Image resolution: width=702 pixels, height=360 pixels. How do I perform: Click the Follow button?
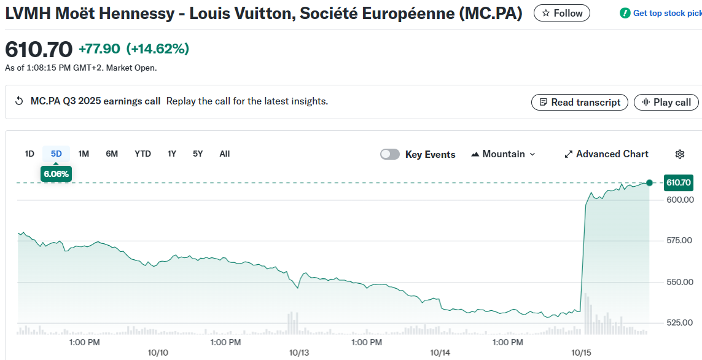[561, 13]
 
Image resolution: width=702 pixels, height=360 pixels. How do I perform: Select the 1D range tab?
[29, 154]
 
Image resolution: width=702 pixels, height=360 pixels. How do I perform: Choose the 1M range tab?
[84, 154]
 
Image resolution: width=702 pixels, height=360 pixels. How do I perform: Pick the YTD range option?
[142, 154]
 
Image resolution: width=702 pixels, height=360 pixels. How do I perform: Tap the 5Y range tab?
[198, 154]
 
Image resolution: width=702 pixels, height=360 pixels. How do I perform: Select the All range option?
[225, 154]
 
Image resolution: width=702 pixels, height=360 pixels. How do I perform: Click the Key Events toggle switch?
[390, 154]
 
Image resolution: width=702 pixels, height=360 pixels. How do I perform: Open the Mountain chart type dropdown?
[503, 154]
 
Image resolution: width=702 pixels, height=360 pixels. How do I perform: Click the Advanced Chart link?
[606, 154]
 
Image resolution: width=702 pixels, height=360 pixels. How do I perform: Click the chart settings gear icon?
[680, 154]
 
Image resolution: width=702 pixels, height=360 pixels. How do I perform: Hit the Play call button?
[666, 103]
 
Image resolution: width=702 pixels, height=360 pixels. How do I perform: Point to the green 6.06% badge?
[56, 174]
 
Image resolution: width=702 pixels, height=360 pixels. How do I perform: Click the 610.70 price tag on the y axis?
[678, 182]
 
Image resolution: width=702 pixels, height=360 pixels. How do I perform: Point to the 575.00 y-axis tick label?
[679, 240]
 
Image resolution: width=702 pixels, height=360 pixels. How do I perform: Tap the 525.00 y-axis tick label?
[679, 323]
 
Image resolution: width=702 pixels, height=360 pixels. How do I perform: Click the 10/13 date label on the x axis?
[299, 353]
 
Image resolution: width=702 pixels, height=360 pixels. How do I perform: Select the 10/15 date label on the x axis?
[581, 353]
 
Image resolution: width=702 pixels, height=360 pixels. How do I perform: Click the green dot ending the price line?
[649, 182]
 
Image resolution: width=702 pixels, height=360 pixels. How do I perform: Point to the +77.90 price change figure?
[99, 49]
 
